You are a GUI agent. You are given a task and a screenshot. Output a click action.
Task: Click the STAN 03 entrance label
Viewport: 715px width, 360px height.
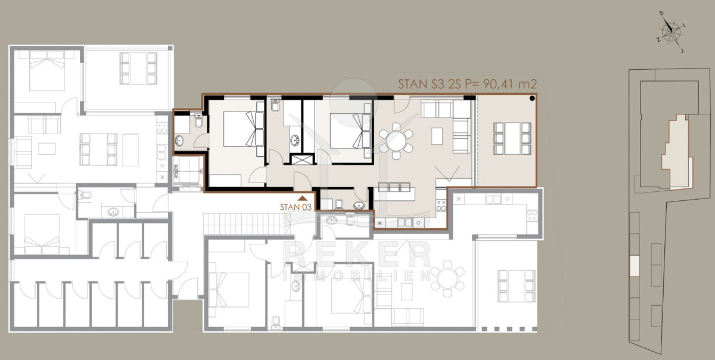[x=296, y=207]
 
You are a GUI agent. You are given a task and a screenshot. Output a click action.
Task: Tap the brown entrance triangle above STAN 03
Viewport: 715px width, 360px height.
[x=302, y=198]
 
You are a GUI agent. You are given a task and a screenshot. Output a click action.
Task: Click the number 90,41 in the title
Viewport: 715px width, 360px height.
[x=498, y=84]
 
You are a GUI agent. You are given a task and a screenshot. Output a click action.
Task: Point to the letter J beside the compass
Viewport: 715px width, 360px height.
[x=682, y=51]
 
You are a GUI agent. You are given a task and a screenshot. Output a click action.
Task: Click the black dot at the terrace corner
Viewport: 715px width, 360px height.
[x=532, y=98]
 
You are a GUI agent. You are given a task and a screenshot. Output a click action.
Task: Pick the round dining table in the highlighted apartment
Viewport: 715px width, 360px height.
[x=396, y=141]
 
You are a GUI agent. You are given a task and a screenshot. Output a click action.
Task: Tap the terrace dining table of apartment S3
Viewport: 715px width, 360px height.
[x=512, y=139]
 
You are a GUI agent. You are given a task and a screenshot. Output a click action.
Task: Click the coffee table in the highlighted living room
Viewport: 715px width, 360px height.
[x=437, y=136]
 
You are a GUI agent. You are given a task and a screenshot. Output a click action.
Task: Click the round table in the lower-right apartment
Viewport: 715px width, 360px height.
[x=447, y=278]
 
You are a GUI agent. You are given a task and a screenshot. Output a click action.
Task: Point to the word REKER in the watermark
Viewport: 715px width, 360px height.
[x=357, y=255]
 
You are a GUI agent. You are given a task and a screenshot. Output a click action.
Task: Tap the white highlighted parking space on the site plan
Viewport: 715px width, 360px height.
[x=635, y=266]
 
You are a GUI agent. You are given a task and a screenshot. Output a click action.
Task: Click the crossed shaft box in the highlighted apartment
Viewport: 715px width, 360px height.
[x=302, y=159]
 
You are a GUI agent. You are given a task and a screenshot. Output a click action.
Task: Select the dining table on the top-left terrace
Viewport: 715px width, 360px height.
[x=138, y=69]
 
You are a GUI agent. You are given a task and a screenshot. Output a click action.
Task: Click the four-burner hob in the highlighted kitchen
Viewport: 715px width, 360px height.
[x=441, y=206]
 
